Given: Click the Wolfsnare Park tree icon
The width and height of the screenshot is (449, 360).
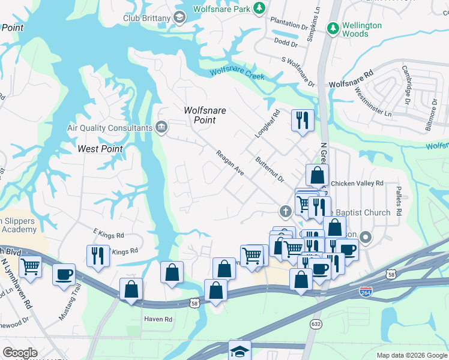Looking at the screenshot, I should coord(259,8).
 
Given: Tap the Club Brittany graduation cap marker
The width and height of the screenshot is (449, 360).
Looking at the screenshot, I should coord(179,17).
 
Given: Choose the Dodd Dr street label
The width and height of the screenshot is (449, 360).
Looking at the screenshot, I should coord(285,42).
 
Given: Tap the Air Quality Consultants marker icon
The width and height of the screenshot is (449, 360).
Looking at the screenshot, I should coord(161,127).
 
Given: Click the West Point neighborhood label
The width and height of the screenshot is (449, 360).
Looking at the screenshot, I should coord(100,149).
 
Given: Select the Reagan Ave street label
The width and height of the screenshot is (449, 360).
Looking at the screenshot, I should coord(231,163).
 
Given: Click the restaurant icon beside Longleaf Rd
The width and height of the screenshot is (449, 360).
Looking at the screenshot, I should coord(303,120).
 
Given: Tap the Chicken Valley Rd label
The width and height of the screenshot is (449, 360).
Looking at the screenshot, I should coord(357,183).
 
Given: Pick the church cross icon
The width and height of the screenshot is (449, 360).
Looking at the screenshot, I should coord(286,211).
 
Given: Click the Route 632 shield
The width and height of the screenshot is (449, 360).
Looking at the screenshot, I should coord(316,323).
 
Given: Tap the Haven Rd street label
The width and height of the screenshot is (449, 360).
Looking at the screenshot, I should coord(158,319).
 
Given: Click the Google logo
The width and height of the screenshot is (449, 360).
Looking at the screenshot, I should coord(20,353).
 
